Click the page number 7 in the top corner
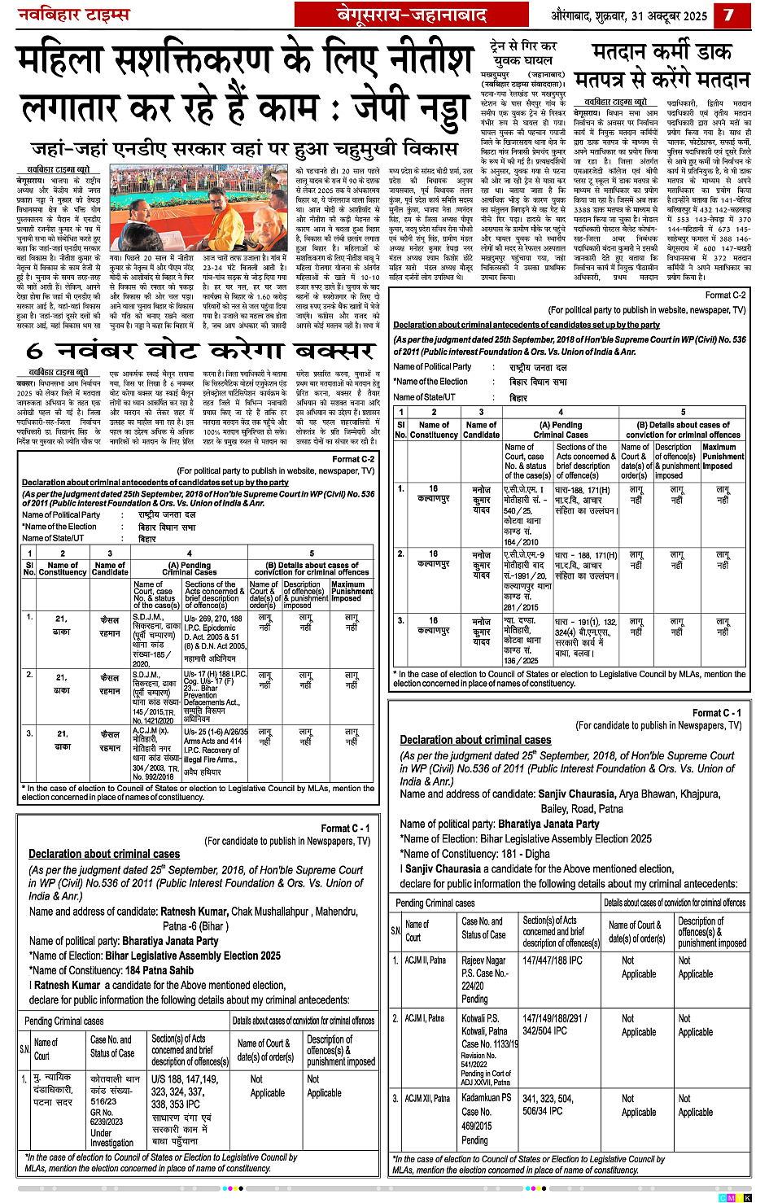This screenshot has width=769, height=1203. [728, 15]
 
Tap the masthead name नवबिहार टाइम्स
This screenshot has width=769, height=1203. [74, 15]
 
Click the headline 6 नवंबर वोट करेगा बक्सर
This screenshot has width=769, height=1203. [198, 351]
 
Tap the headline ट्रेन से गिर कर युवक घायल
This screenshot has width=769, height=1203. [522, 53]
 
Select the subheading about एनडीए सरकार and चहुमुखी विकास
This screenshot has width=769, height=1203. [244, 149]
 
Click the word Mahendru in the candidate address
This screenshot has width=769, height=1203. [336, 912]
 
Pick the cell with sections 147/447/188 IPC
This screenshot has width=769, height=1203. [553, 960]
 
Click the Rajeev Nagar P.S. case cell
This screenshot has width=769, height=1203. [485, 979]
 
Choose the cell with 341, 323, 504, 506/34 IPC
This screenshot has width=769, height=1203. [548, 1104]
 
